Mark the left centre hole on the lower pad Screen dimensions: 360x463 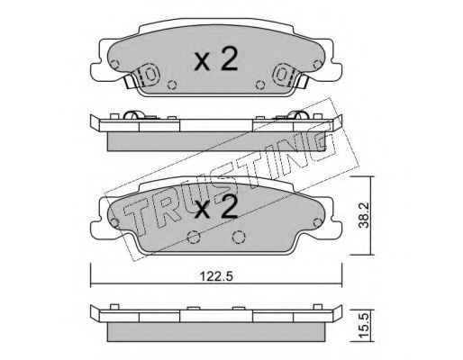(x=193, y=238)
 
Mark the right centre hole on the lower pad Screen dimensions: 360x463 (x=239, y=238)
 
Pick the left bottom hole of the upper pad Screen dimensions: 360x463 (x=170, y=86)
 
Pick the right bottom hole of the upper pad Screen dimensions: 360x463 (x=260, y=86)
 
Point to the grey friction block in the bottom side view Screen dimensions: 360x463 (x=215, y=331)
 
